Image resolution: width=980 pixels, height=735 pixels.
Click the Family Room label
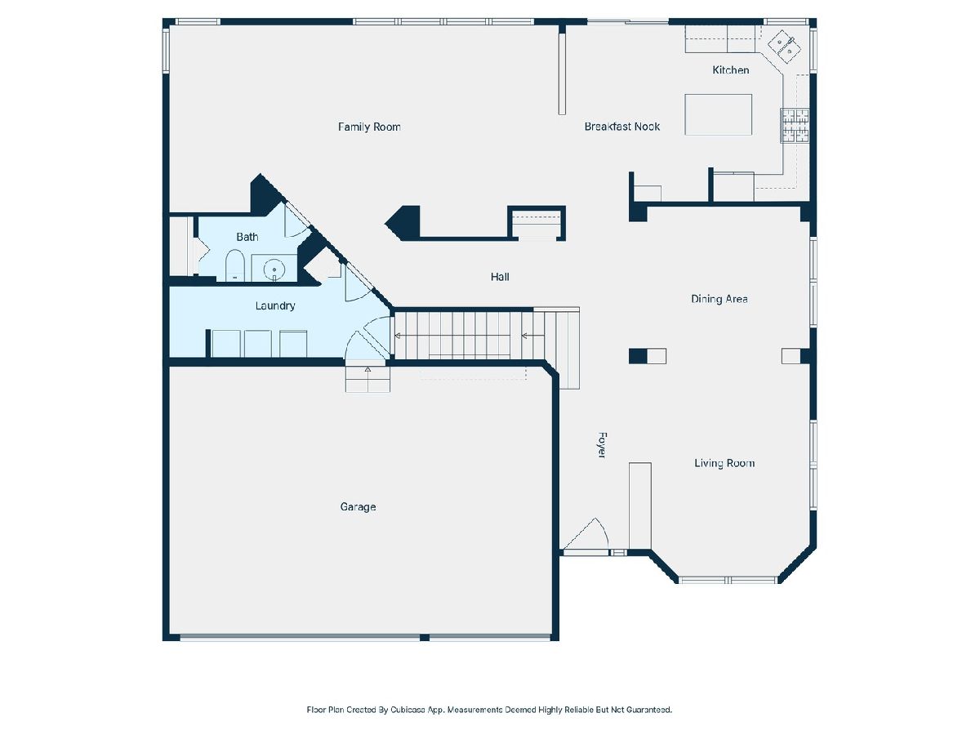coord(369,127)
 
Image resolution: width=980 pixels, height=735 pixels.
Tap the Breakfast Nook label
coord(622,127)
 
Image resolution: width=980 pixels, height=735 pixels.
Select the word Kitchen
coord(730,70)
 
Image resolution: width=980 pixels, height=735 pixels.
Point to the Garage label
coord(358,507)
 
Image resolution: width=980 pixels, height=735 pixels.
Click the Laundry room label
coord(275,306)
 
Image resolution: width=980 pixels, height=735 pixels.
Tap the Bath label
coord(247,237)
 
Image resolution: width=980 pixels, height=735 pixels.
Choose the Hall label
coord(500,277)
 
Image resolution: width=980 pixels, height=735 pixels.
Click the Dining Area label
coord(719,299)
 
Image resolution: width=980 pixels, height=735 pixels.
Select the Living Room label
coord(724,463)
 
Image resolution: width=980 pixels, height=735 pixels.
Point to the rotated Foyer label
coord(601,444)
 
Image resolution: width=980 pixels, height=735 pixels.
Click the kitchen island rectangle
coord(718,114)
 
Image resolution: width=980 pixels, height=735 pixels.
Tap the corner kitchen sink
coord(784,47)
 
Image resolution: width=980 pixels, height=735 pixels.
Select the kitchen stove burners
coord(795,126)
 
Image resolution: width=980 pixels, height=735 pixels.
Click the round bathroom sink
coord(274,269)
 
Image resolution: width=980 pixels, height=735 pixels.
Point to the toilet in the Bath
coord(234,265)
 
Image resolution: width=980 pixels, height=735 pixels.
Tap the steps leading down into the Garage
coord(367,379)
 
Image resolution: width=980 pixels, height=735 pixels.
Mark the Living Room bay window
coord(728,580)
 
